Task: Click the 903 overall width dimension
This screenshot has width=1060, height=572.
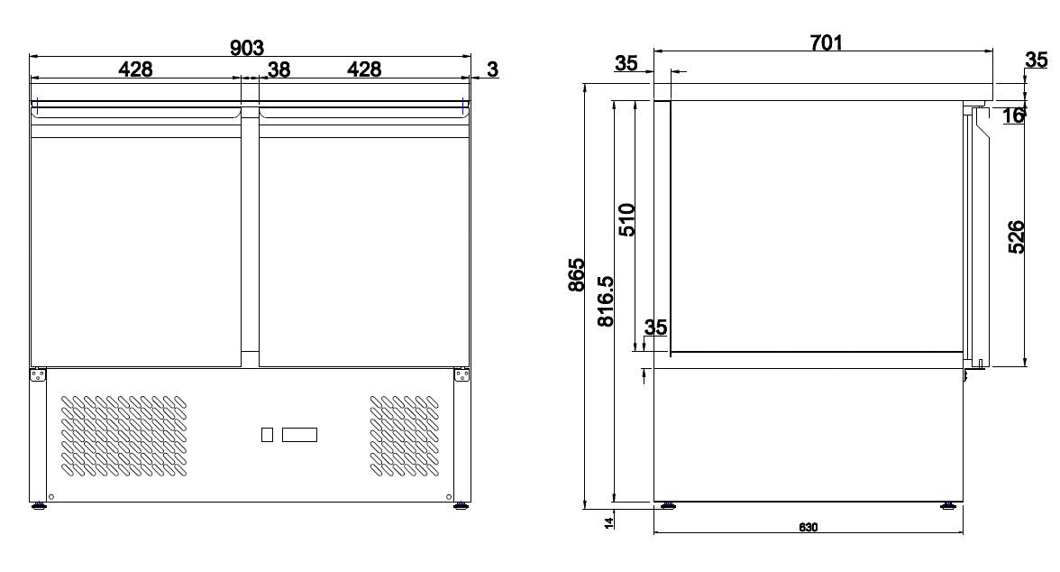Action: pyautogui.click(x=247, y=48)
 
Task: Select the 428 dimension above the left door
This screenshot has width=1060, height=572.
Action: pyautogui.click(x=135, y=69)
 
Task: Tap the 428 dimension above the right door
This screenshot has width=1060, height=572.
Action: pyautogui.click(x=364, y=69)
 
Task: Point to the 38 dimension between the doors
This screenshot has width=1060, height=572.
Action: pyautogui.click(x=279, y=69)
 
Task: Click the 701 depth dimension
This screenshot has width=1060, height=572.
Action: pyautogui.click(x=826, y=42)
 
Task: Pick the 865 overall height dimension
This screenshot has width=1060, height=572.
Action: pyautogui.click(x=577, y=275)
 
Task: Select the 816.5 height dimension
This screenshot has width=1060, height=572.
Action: pyautogui.click(x=606, y=300)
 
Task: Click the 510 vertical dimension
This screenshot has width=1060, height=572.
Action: pyautogui.click(x=627, y=219)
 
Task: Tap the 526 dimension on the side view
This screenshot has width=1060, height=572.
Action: pyautogui.click(x=1016, y=236)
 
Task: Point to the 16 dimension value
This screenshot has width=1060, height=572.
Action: pyautogui.click(x=1013, y=115)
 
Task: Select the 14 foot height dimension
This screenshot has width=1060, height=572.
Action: pyautogui.click(x=609, y=521)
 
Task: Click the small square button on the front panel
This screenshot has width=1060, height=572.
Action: pyautogui.click(x=267, y=435)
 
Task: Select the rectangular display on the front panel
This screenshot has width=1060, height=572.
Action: pyautogui.click(x=300, y=435)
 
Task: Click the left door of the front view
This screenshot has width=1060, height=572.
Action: pyautogui.click(x=136, y=244)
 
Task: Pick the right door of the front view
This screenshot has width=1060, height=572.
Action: pyautogui.click(x=364, y=244)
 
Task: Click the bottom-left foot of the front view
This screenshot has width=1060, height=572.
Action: pyautogui.click(x=40, y=506)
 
